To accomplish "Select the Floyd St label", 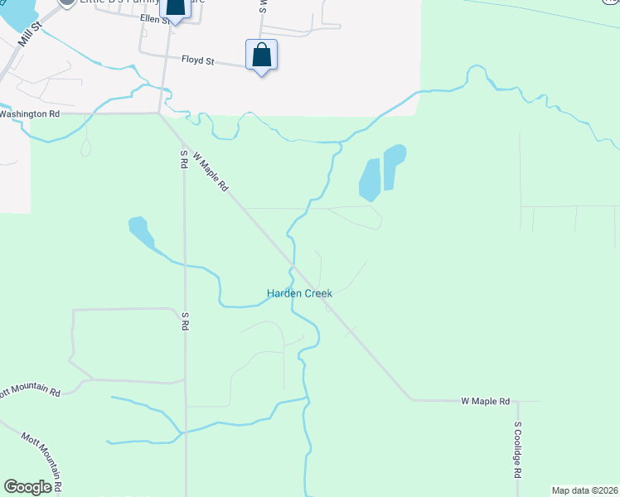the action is click(198, 60).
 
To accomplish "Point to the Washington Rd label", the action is click(30, 113).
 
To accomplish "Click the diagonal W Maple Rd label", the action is click(211, 171).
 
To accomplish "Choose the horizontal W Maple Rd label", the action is click(485, 401).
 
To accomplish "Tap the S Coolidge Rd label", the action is click(517, 450).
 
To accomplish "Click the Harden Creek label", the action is click(299, 293).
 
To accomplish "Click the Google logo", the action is click(28, 487).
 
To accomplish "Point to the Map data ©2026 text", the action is click(584, 490).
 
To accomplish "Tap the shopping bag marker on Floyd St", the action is click(261, 55).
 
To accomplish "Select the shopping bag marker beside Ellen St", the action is click(175, 8).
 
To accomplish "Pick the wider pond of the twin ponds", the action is click(369, 179).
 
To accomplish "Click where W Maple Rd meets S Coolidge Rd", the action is click(517, 401).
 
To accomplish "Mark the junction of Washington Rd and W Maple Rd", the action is click(160, 113).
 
